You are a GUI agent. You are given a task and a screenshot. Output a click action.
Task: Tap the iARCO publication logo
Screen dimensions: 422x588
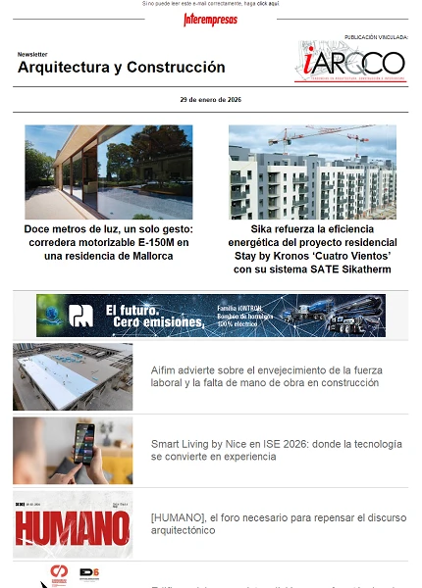click(x=351, y=63)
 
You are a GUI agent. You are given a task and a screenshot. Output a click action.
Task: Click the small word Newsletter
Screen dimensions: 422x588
click(x=32, y=55)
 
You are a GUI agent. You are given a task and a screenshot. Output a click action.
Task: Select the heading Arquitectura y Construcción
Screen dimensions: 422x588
click(x=121, y=68)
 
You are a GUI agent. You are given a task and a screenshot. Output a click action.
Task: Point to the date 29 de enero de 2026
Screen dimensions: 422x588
click(x=210, y=100)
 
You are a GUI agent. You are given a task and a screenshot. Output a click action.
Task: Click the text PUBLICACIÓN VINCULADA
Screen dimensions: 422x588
click(x=375, y=37)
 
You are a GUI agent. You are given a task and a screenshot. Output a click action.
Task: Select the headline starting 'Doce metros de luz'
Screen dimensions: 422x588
click(x=108, y=241)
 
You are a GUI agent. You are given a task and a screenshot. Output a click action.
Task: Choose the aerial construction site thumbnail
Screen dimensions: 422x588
click(x=73, y=376)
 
